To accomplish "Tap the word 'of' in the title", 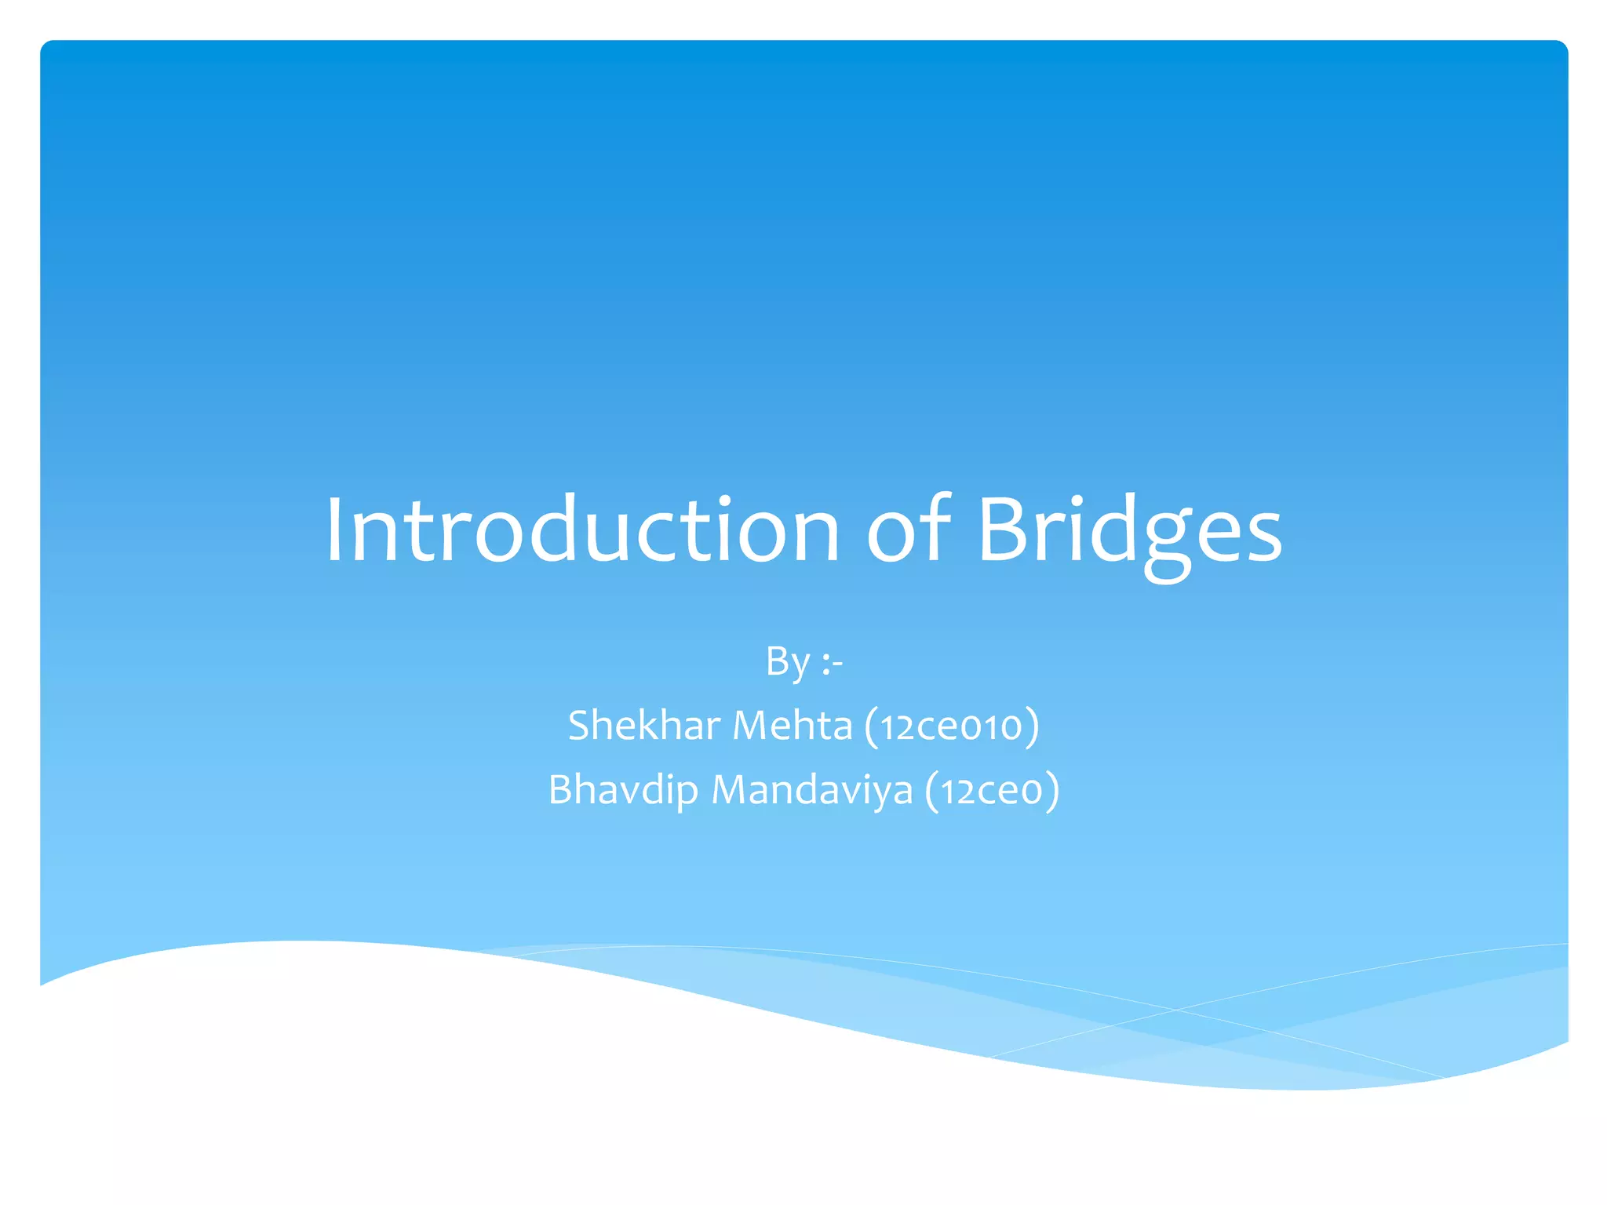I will [x=908, y=530].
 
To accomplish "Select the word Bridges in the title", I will [x=1129, y=530].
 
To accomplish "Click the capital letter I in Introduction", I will [x=335, y=530].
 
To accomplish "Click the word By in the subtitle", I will [x=787, y=661].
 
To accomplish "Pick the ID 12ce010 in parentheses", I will [x=951, y=726].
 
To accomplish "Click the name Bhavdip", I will [x=622, y=789].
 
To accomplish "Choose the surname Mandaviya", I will [x=811, y=789].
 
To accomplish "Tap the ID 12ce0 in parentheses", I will [x=992, y=791].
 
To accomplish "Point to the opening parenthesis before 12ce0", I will [x=931, y=791].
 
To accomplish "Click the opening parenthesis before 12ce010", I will [x=871, y=726].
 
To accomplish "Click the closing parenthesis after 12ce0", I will [x=1052, y=791].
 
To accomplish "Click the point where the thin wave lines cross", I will [x=1175, y=1010].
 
